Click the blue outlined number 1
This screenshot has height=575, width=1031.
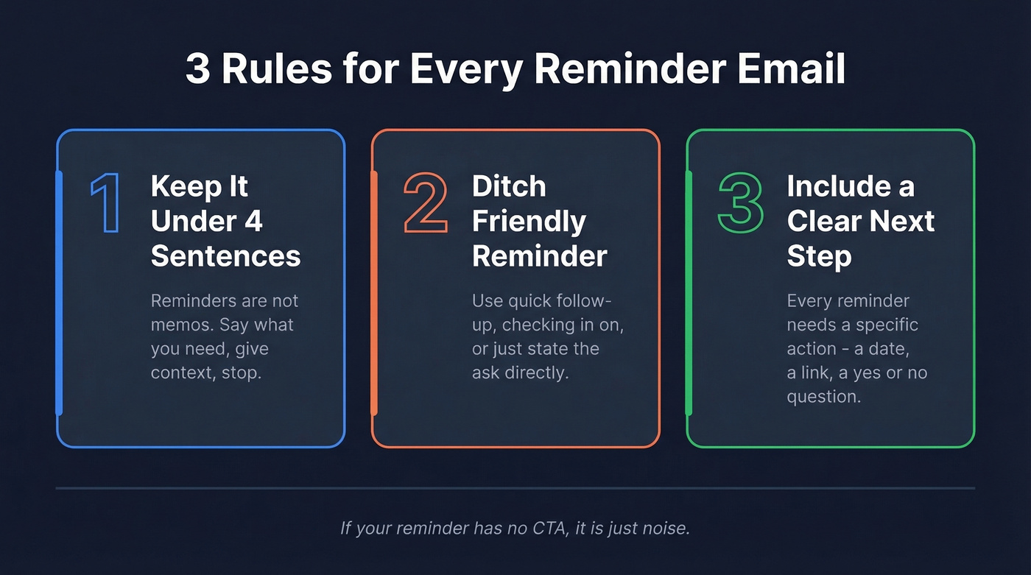pyautogui.click(x=105, y=204)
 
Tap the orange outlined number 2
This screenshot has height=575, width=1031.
pyautogui.click(x=426, y=204)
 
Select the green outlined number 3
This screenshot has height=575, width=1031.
pyautogui.click(x=741, y=204)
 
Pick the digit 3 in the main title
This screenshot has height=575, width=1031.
pyautogui.click(x=198, y=69)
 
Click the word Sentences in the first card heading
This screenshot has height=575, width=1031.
pyautogui.click(x=225, y=255)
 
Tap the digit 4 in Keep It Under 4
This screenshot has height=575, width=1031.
pyautogui.click(x=253, y=221)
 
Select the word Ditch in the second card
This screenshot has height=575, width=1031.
pyautogui.click(x=509, y=186)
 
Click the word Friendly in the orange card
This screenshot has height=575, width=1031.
pyautogui.click(x=529, y=221)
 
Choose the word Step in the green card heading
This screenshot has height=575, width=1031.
pyautogui.click(x=819, y=255)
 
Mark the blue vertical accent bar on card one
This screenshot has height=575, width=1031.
pyautogui.click(x=60, y=293)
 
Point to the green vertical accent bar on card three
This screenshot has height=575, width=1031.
pyautogui.click(x=689, y=293)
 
